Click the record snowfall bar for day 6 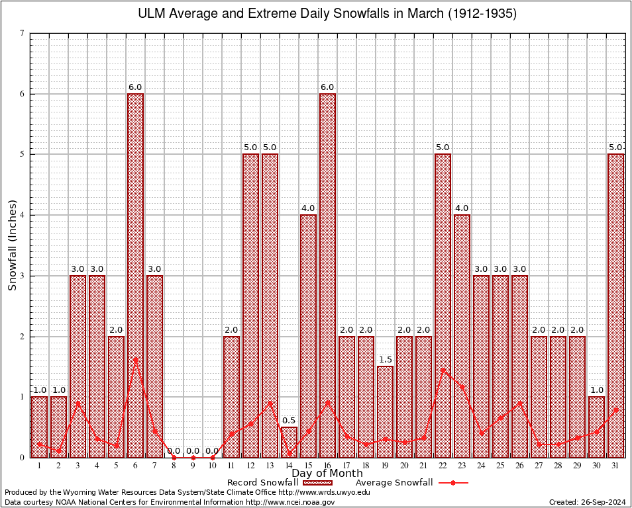[135, 275]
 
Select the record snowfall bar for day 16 [327, 275]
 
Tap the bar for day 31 [615, 306]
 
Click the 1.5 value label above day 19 [385, 360]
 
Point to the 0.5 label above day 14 [289, 421]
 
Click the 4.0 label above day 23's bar [462, 208]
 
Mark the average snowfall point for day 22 [443, 370]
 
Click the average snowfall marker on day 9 [193, 457]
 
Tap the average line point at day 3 [78, 402]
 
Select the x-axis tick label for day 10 [212, 465]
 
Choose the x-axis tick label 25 [500, 465]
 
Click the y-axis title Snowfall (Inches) [12, 245]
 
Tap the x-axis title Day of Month [327, 474]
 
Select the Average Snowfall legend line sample [452, 483]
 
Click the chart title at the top [327, 14]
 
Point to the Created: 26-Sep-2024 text [588, 502]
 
